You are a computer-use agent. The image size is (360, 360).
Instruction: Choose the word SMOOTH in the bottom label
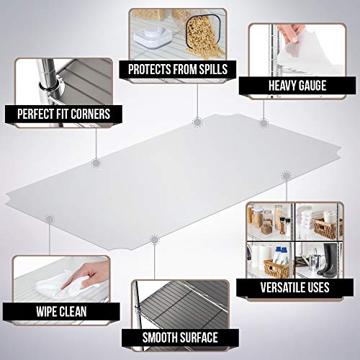161,337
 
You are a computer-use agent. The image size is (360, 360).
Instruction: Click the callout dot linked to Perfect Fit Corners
96,163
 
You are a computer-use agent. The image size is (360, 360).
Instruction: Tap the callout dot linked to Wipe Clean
50,218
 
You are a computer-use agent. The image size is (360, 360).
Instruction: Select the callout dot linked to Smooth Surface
153,238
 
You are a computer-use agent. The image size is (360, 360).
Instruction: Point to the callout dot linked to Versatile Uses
287,175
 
